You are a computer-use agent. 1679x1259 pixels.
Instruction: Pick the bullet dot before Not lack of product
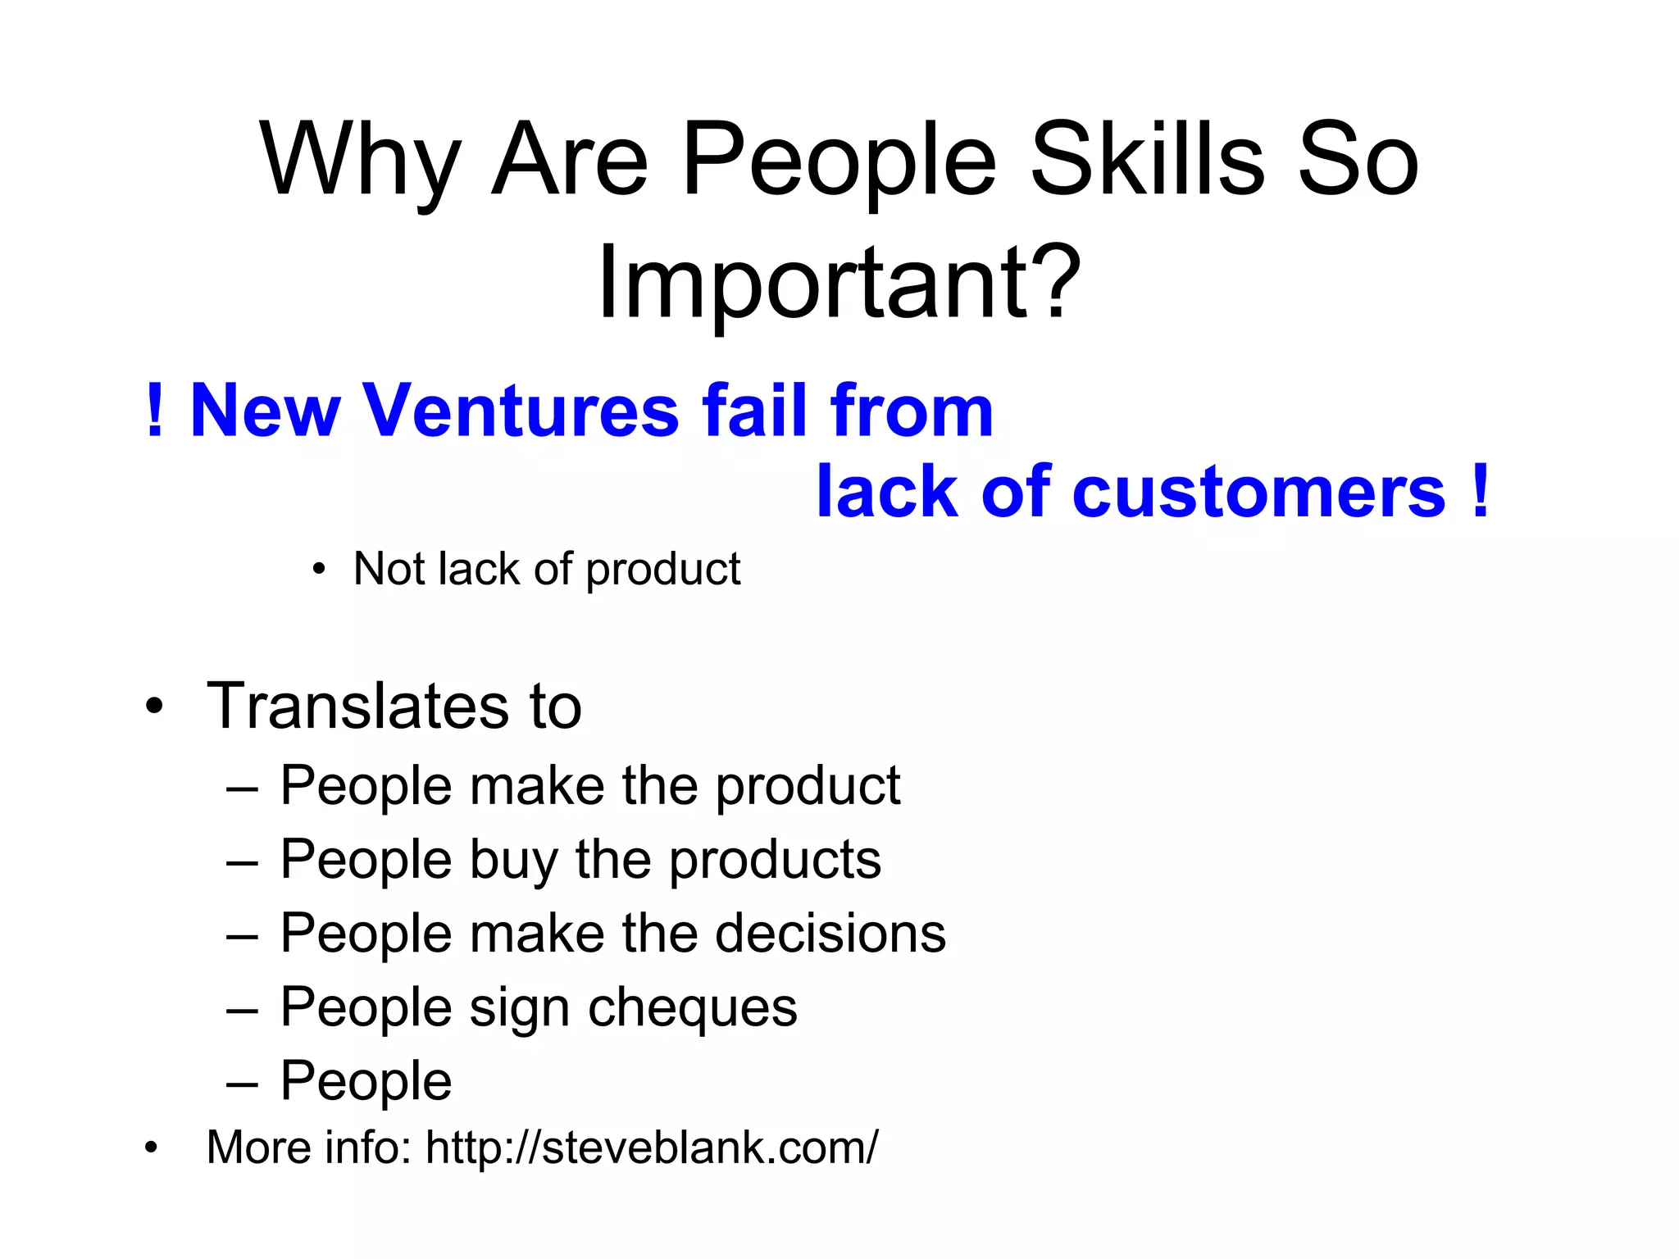point(319,570)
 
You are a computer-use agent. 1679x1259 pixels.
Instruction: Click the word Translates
point(358,707)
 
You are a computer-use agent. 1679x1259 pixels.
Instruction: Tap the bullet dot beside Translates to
point(154,707)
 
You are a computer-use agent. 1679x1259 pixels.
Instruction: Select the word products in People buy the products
point(775,860)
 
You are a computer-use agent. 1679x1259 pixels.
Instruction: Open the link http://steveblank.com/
point(652,1148)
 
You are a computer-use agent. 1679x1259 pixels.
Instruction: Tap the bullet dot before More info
point(150,1148)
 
